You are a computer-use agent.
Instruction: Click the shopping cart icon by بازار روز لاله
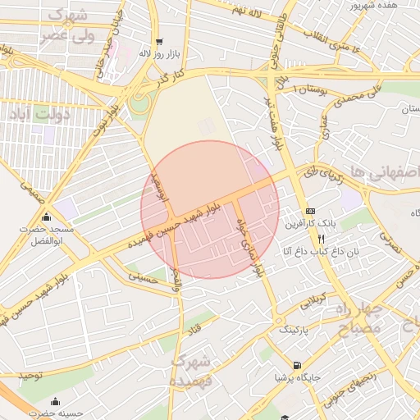[159, 40]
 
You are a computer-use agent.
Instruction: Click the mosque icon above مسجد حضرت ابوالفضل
[47, 217]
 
